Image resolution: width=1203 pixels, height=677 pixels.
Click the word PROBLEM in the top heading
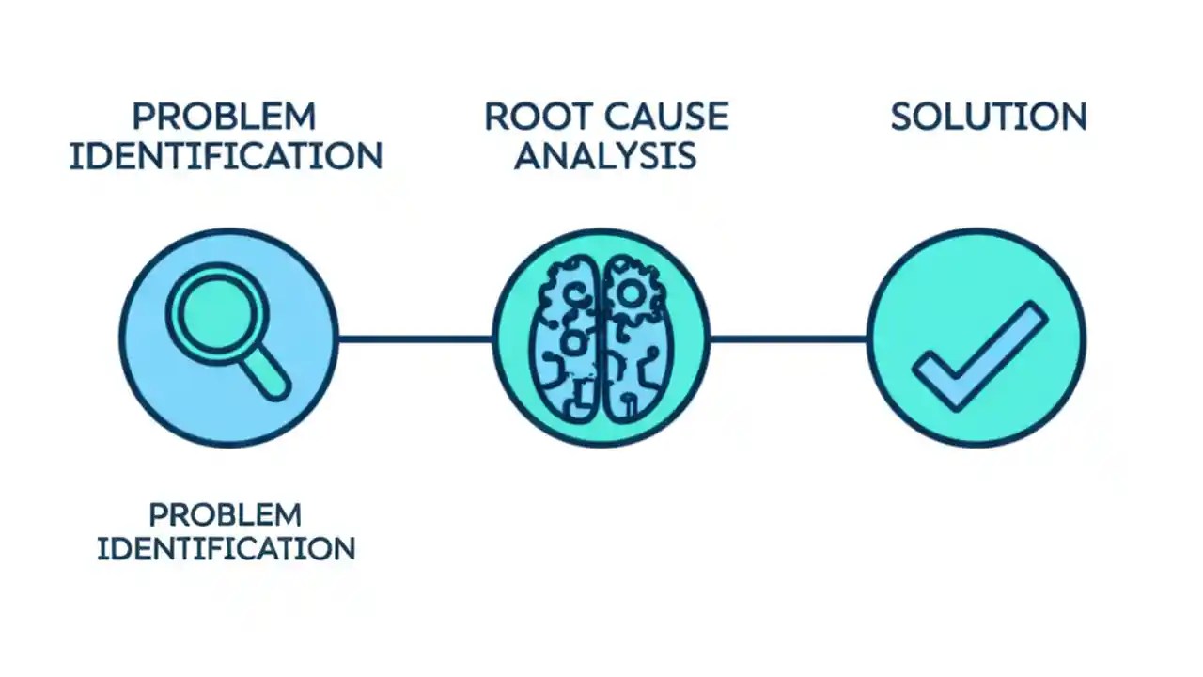click(224, 117)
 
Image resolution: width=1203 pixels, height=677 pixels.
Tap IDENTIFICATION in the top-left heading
click(226, 156)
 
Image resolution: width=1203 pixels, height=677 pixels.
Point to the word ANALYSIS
click(604, 156)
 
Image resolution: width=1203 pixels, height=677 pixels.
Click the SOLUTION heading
click(988, 117)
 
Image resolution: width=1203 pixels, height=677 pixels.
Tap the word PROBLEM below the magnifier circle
click(226, 514)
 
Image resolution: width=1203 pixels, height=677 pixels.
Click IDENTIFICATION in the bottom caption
click(226, 548)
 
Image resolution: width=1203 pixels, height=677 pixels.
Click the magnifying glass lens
click(217, 315)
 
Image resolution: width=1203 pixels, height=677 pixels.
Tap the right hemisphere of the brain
click(636, 338)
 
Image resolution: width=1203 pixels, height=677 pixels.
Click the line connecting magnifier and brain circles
click(415, 338)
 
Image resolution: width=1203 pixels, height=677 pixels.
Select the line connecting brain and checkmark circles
click(788, 338)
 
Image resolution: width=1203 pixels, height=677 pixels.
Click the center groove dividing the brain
click(600, 338)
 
